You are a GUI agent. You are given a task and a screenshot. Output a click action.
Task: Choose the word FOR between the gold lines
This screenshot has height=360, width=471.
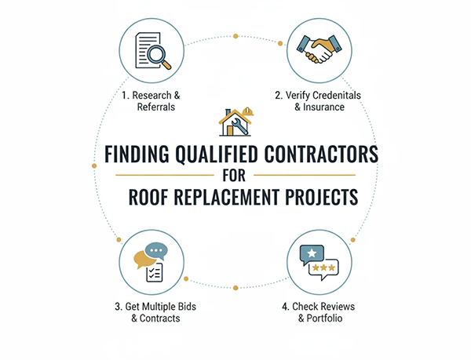235,174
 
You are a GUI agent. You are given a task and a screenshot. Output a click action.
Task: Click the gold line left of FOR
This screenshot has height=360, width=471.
165,174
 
